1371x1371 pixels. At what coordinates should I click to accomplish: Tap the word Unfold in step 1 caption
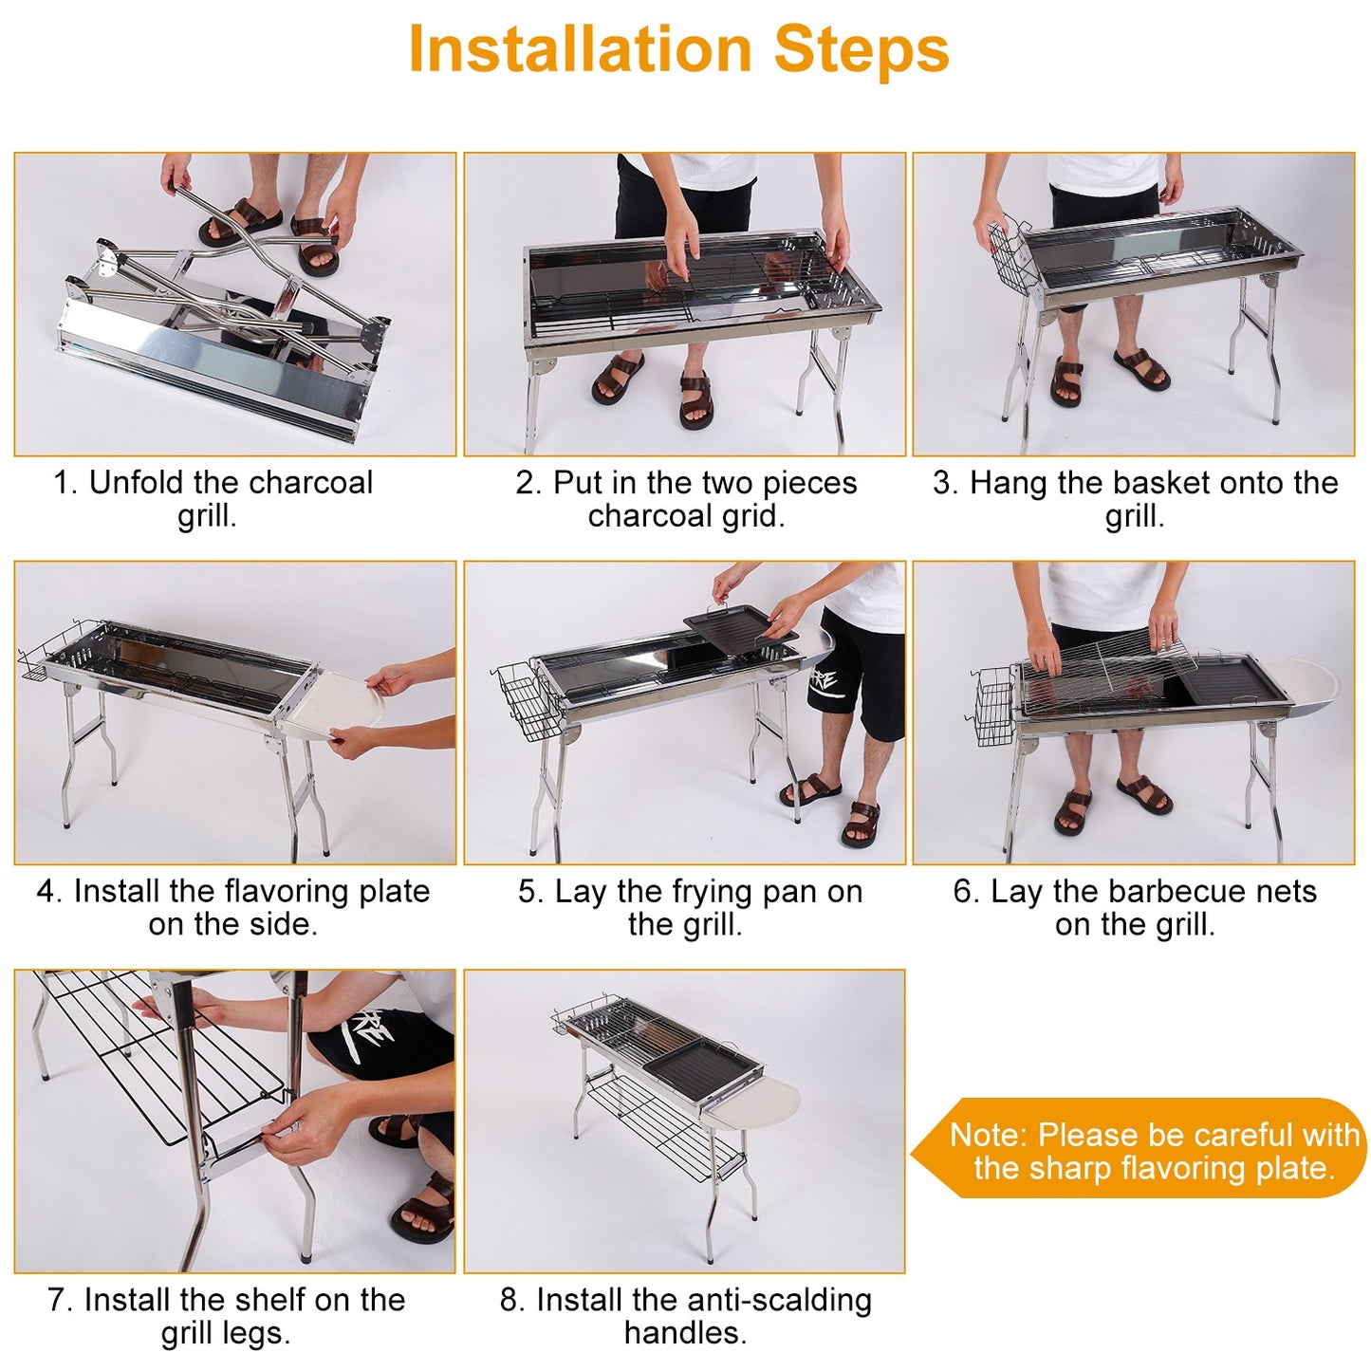point(137,483)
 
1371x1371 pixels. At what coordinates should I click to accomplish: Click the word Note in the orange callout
point(987,1136)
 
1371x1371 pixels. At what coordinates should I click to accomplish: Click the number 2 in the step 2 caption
point(525,483)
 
